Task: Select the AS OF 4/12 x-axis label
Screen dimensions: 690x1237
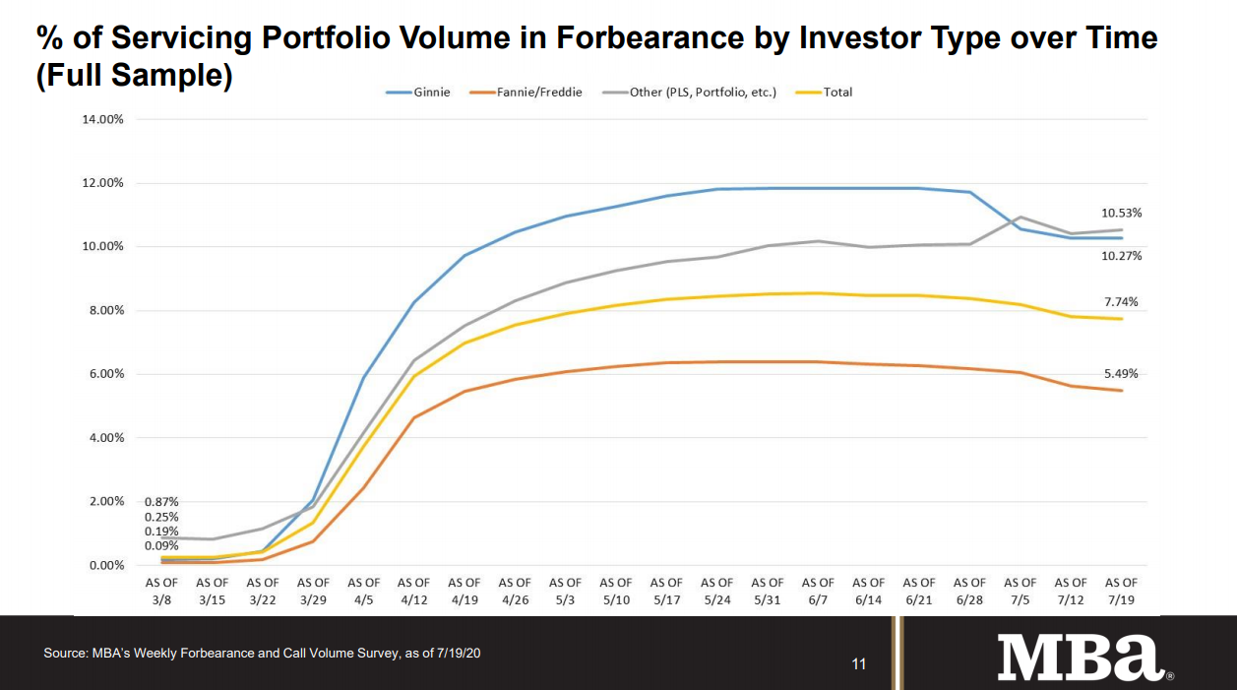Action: point(414,590)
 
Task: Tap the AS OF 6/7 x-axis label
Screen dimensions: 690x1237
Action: point(818,590)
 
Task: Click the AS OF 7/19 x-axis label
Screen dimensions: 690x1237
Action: point(1121,590)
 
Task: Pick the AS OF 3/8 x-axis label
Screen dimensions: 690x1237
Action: point(162,590)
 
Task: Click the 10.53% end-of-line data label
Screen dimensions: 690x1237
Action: point(1121,213)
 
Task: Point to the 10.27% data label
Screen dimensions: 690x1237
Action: point(1121,256)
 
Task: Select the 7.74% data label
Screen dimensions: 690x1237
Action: point(1121,302)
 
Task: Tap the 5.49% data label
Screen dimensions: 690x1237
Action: point(1121,374)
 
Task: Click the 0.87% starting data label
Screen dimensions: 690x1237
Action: point(161,502)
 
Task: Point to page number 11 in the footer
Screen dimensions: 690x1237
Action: point(858,664)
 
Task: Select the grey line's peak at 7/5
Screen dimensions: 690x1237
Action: point(1021,217)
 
